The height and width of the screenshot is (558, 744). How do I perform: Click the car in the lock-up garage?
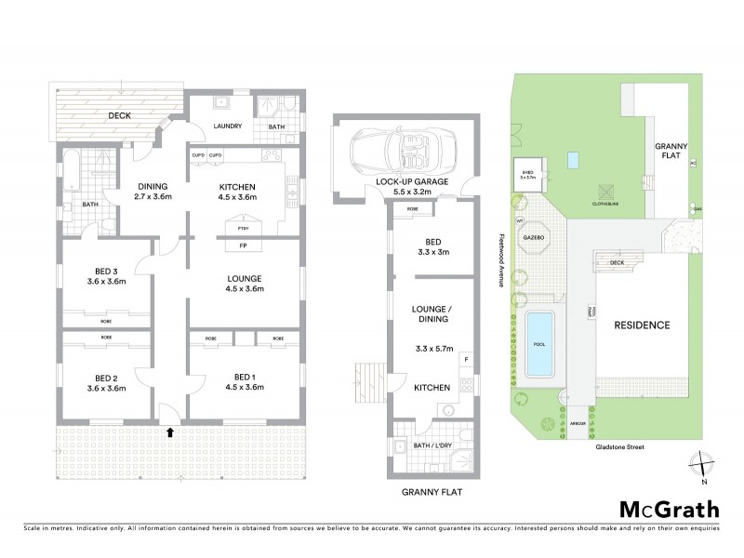392,150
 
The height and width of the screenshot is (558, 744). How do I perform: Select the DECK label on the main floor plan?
119,116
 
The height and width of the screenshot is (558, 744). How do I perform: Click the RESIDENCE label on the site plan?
640,325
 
